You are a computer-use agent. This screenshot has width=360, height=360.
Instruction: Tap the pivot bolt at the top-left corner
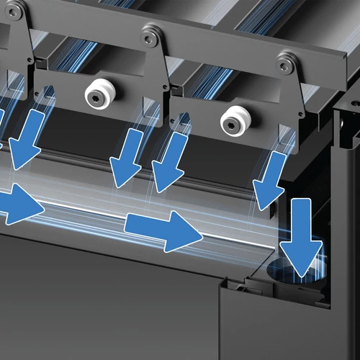[x=17, y=10]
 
